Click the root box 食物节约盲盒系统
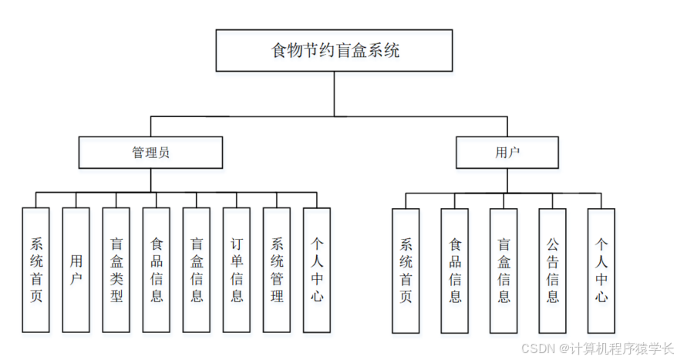point(333,51)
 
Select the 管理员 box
point(150,153)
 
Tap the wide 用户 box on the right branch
point(507,153)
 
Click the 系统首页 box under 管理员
point(35,270)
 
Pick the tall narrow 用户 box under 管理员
point(76,270)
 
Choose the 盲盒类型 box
point(116,270)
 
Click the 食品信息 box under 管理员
point(156,270)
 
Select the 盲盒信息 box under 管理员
point(196,270)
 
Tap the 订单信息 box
point(237,270)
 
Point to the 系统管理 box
point(277,270)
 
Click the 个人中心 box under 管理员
point(317,270)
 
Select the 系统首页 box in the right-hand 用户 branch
point(406,270)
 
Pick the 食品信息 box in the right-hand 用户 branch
point(455,270)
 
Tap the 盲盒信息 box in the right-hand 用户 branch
point(504,270)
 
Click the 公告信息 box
point(553,270)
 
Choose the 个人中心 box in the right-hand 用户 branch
point(601,270)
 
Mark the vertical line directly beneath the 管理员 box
point(150,180)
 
